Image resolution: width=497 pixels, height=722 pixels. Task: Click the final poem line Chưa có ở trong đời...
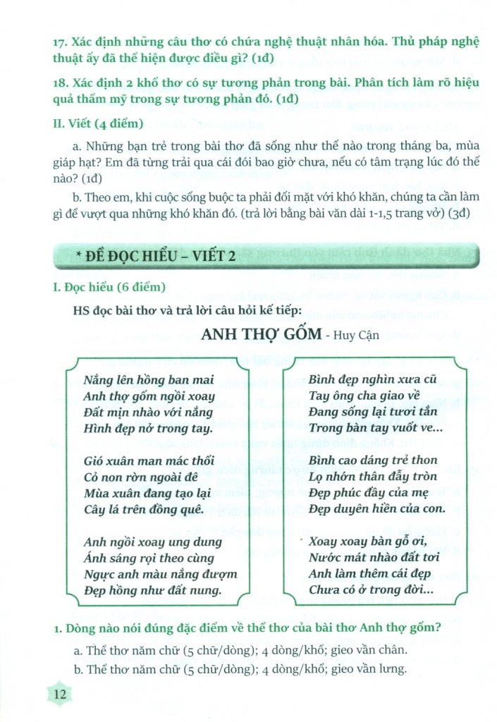(x=371, y=589)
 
